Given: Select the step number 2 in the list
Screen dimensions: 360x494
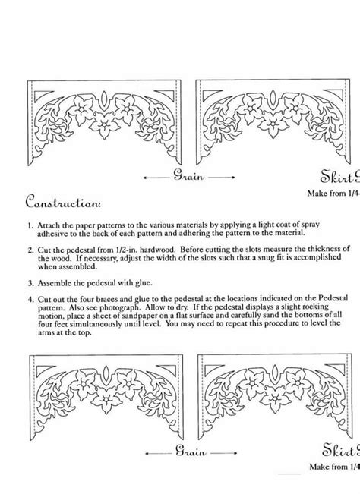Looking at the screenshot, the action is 30,250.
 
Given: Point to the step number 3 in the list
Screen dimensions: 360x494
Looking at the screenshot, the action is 30,280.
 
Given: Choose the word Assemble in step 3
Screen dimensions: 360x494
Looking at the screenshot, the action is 57,280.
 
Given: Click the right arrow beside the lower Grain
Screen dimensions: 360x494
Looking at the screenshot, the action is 219,451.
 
